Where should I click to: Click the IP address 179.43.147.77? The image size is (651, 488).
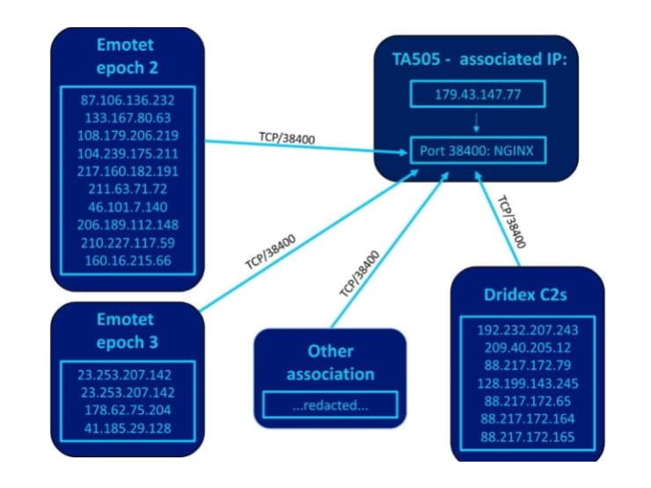click(x=476, y=94)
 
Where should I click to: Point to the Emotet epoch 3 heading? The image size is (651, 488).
click(x=128, y=328)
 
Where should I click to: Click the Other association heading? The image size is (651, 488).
click(x=330, y=363)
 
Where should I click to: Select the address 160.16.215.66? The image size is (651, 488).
click(x=128, y=261)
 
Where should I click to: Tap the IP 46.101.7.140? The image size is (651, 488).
click(x=128, y=208)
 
